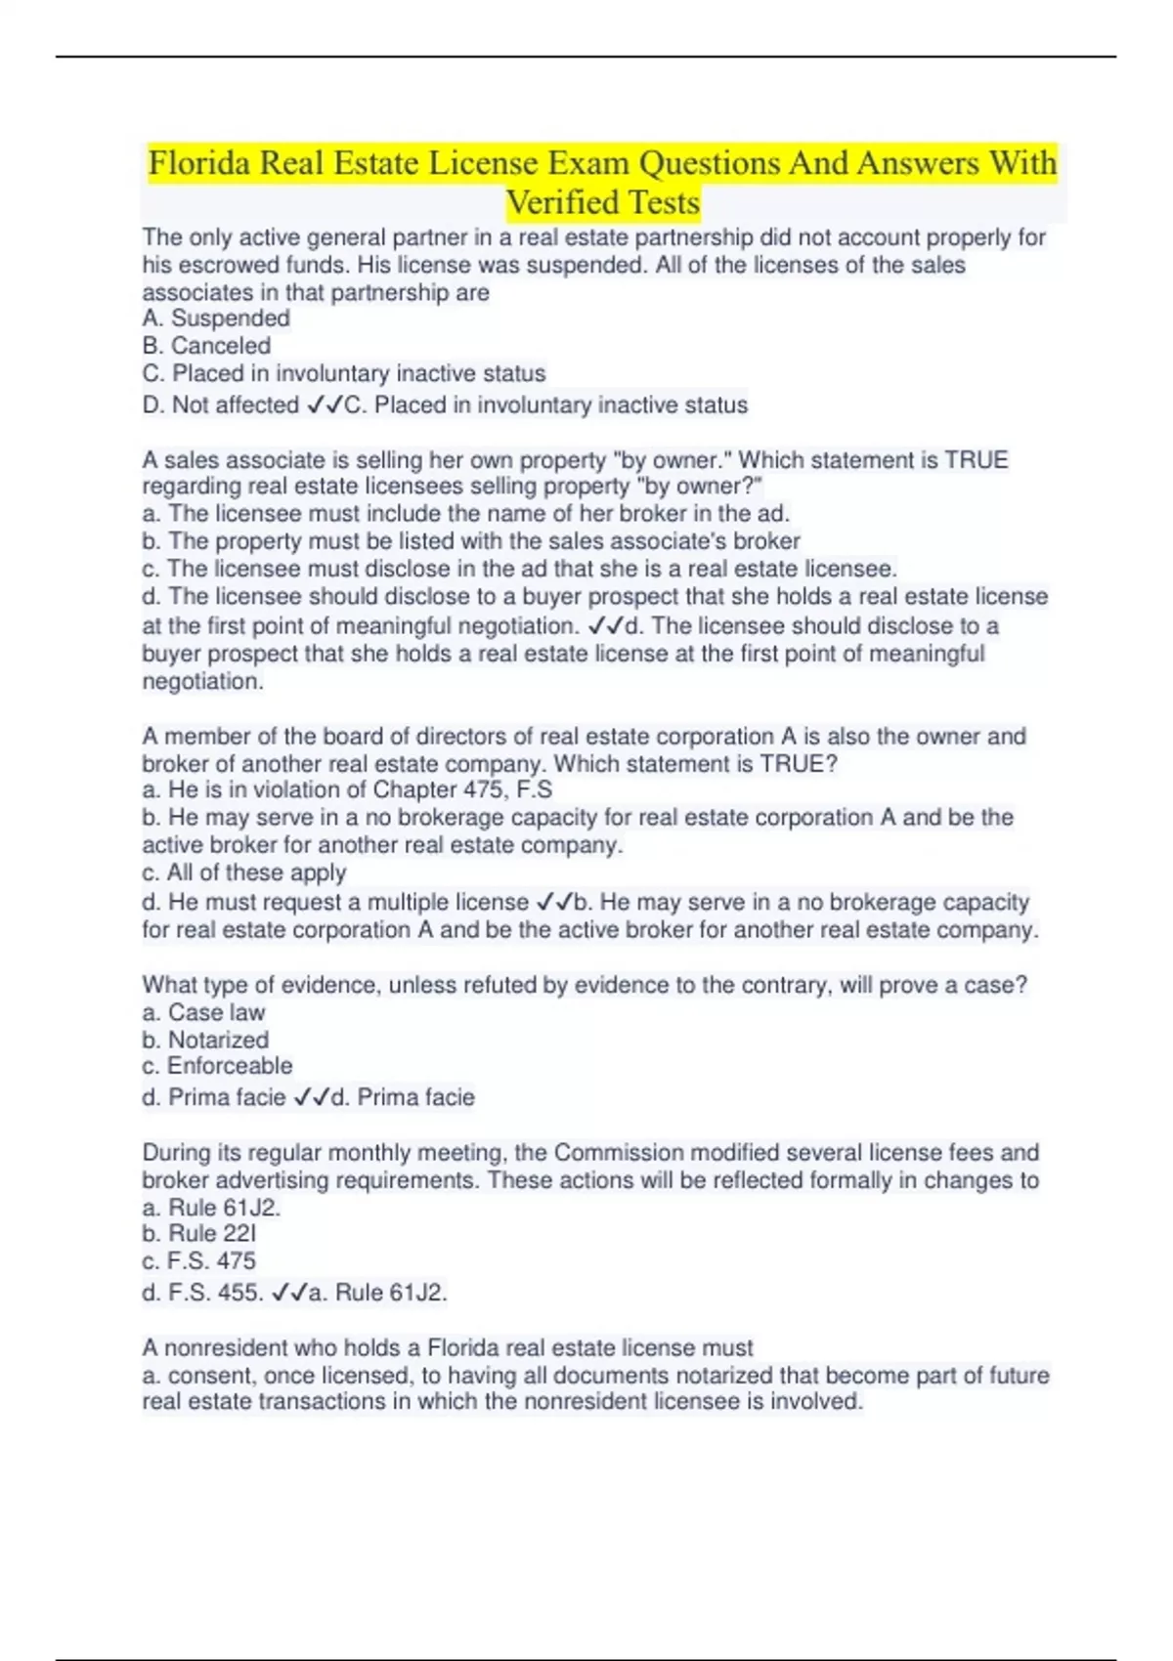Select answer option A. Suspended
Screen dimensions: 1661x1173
[x=216, y=319]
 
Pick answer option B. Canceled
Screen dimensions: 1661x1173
[x=206, y=346]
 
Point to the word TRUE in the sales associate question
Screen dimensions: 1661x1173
[x=976, y=460]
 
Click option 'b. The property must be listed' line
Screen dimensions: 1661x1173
[x=470, y=541]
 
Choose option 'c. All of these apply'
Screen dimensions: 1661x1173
[x=243, y=873]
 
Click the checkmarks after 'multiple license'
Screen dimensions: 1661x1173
[x=554, y=902]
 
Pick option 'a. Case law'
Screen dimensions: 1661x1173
[x=203, y=1012]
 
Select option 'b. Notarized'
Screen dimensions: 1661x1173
[x=205, y=1040]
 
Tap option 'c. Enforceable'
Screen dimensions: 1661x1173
[x=217, y=1066]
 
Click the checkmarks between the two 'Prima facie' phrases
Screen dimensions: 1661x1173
[x=312, y=1097]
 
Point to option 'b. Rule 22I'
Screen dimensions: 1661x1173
[x=198, y=1233]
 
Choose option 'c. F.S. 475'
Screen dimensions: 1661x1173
[x=198, y=1260]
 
